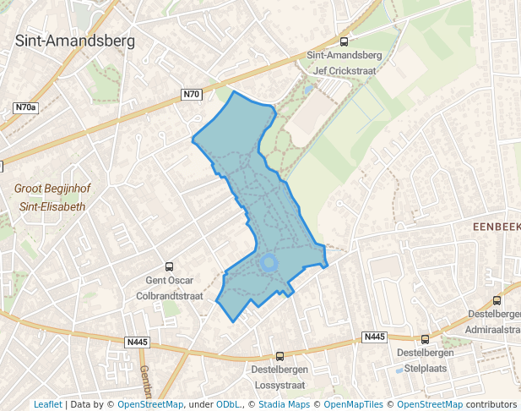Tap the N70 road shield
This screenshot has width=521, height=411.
pyautogui.click(x=192, y=94)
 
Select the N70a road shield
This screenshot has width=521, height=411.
pyautogui.click(x=26, y=108)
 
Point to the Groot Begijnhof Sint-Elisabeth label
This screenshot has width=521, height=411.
pyautogui.click(x=52, y=197)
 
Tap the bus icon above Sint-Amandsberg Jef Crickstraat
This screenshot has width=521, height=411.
pyautogui.click(x=344, y=41)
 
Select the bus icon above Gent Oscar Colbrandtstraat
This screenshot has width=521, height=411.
pyautogui.click(x=170, y=266)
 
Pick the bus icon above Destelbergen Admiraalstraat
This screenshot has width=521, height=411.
pyautogui.click(x=497, y=300)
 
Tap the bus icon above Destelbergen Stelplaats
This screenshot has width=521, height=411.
pyautogui.click(x=425, y=339)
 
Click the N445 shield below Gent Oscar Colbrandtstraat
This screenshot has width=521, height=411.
pyautogui.click(x=137, y=342)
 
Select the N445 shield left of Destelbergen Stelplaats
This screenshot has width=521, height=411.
pyautogui.click(x=374, y=337)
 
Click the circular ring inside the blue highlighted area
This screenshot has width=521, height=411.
pyautogui.click(x=269, y=263)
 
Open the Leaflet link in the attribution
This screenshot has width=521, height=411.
pyautogui.click(x=47, y=404)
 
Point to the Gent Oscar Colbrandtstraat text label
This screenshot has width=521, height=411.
pyautogui.click(x=170, y=288)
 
